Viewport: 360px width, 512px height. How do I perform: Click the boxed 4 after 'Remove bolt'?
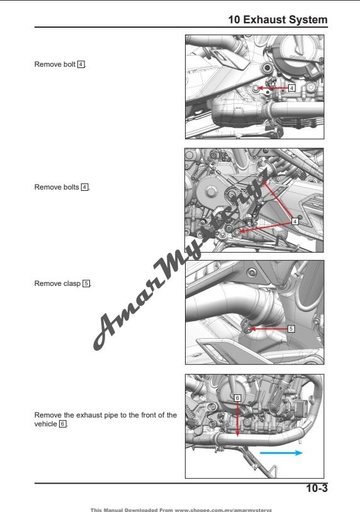coord(81,65)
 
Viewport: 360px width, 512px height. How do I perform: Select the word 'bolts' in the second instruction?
coord(70,187)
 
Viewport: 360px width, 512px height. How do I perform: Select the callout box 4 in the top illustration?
coord(291,88)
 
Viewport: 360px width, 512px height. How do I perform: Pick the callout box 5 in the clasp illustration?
coord(291,329)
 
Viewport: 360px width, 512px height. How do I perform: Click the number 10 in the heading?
coord(235,20)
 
